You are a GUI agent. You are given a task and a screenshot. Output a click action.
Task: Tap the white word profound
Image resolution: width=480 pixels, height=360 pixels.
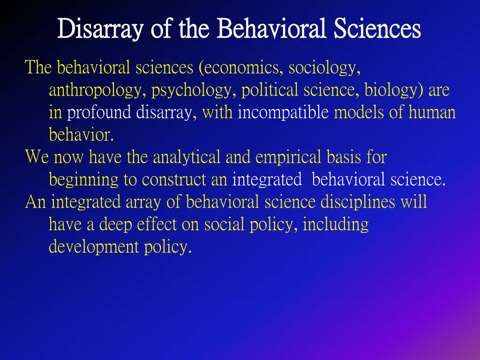pos(99,113)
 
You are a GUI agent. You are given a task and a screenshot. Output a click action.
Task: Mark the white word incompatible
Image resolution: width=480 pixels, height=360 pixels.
pos(283,113)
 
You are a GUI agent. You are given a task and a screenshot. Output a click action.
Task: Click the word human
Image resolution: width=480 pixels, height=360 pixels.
pos(432,113)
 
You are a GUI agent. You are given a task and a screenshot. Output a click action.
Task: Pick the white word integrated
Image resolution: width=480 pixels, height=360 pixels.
pos(268,180)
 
